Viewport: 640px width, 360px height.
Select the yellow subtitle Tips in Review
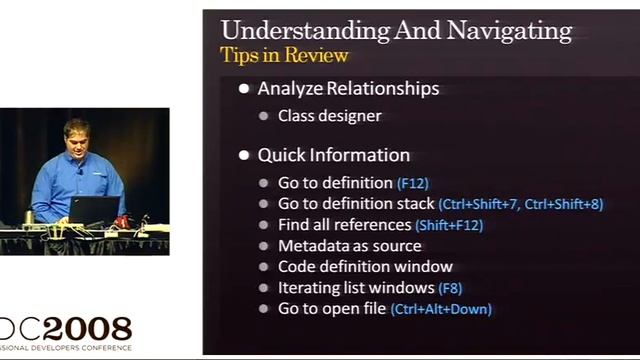(x=284, y=54)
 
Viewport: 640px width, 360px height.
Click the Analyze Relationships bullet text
(x=348, y=88)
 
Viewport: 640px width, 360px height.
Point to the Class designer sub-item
(x=329, y=116)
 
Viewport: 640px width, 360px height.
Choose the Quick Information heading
(x=333, y=155)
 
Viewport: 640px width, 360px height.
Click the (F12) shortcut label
(x=412, y=184)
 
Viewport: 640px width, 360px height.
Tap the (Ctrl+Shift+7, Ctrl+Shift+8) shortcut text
(x=520, y=204)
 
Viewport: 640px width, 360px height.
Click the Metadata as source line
(x=349, y=246)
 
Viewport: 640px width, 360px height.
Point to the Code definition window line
(x=365, y=267)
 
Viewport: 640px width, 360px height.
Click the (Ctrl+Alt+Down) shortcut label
(x=441, y=309)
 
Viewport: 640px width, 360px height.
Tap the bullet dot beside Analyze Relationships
(x=245, y=89)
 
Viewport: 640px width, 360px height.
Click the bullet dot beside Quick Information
(x=245, y=156)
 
